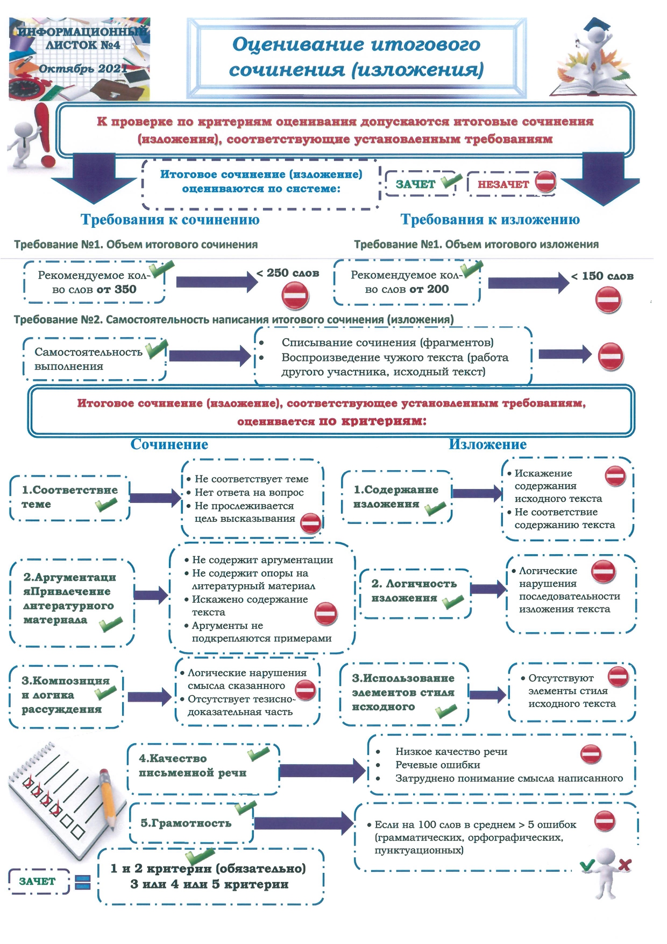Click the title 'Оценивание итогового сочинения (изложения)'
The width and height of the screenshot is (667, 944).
pos(356,57)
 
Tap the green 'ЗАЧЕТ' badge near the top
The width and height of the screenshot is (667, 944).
pos(415,184)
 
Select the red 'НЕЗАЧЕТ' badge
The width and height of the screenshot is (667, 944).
pos(503,184)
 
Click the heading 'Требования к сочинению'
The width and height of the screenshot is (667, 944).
pos(170,220)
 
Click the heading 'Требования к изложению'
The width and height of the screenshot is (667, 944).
pos(490,220)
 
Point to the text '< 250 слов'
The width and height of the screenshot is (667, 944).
pos(288,273)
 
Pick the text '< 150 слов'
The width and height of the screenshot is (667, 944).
pos(602,276)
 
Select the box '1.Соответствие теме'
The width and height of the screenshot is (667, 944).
pos(69,498)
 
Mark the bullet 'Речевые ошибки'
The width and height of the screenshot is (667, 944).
pos(437,765)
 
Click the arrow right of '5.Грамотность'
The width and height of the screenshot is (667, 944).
pos(303,823)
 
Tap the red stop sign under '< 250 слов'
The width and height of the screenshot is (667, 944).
pos(295,296)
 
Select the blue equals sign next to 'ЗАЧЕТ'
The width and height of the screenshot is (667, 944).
pos(82,882)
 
